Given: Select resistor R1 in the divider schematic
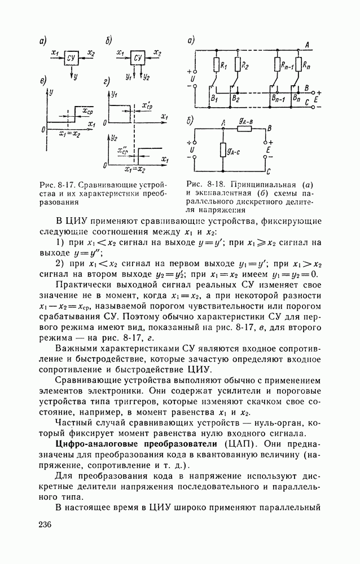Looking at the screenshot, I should (x=216, y=65).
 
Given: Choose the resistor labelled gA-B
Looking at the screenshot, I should (x=244, y=129).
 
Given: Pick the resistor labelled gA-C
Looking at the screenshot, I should (x=223, y=149).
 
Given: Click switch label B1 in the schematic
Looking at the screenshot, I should (x=213, y=99).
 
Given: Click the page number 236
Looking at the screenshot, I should (x=46, y=525).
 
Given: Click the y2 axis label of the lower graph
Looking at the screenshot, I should (x=115, y=137).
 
